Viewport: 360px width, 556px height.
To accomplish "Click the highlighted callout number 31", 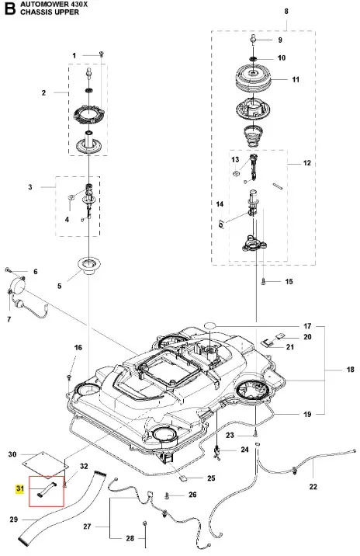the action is coord(20,488).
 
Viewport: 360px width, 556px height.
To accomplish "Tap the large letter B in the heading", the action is coord(10,9).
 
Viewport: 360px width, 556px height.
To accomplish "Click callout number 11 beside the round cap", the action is coord(296,79).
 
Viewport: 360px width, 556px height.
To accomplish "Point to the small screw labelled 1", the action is coord(102,54).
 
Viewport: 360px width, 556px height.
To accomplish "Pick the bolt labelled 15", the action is coord(263,282).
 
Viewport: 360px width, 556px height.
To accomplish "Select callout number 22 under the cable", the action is coord(313,486).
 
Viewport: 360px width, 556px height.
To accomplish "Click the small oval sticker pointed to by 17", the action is coord(210,325).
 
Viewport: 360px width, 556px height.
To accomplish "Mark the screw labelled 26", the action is coord(168,495).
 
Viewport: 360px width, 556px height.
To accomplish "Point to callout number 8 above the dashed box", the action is coord(286,12).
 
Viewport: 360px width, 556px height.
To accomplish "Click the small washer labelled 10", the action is coord(254,58).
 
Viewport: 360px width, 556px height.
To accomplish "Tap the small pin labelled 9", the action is coord(254,39).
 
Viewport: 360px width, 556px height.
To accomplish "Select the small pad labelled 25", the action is coord(184,478).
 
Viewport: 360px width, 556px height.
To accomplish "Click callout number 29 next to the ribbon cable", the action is coord(13,520).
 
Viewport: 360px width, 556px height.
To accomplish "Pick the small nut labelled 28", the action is coord(145,523).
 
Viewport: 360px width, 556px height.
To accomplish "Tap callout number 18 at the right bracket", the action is coord(350,370).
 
